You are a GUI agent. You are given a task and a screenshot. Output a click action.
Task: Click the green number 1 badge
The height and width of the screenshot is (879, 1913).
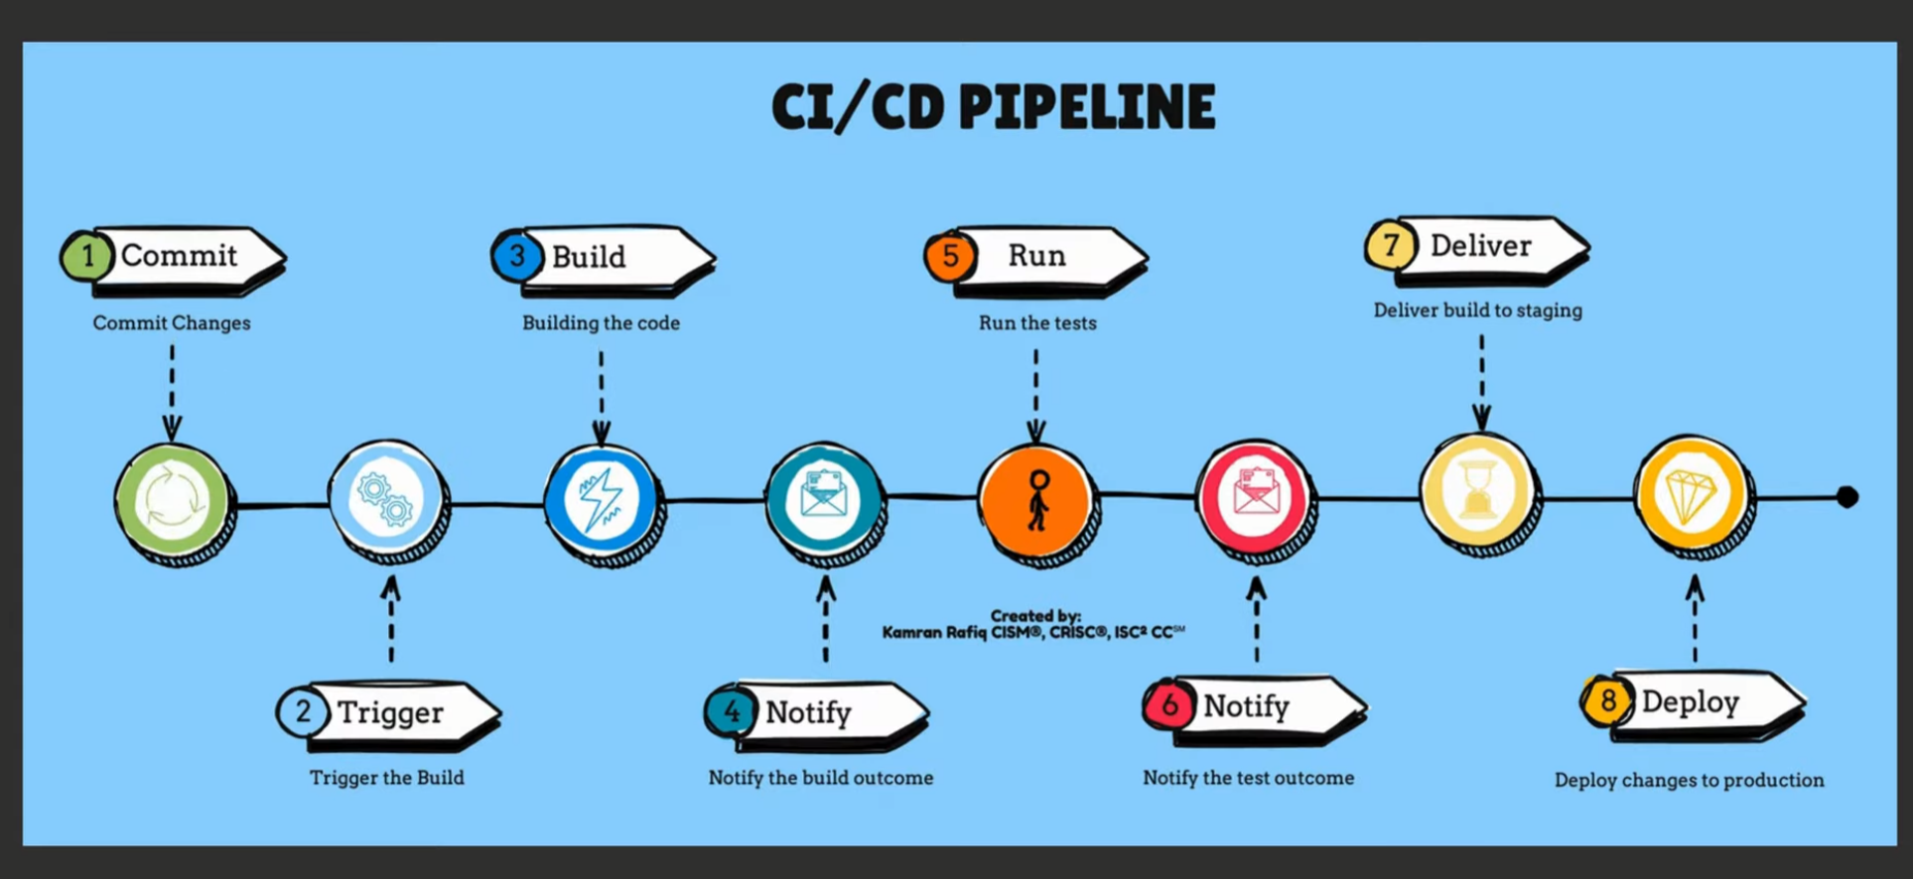[87, 256]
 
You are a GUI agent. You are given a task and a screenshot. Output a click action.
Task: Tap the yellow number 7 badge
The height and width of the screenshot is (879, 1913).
[1391, 245]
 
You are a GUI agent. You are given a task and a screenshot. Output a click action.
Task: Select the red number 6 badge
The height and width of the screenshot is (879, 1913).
[1169, 705]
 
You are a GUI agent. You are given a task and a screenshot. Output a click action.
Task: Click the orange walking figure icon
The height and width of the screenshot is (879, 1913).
[1037, 501]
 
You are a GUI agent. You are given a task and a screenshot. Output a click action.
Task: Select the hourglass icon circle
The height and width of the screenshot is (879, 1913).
[1479, 493]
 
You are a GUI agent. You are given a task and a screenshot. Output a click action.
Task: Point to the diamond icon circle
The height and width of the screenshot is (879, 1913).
[1694, 497]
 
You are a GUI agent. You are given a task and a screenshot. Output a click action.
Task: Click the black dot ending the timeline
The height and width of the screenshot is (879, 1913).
[1846, 497]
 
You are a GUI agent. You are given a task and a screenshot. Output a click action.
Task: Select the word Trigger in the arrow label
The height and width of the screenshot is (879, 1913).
[390, 712]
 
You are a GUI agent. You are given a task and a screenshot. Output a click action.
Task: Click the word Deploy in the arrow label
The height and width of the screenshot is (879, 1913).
[1690, 702]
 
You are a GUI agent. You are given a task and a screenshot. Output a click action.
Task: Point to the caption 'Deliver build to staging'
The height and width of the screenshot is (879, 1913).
[1477, 311]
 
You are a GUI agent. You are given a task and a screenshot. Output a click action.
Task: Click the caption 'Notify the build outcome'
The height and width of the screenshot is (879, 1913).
[821, 778]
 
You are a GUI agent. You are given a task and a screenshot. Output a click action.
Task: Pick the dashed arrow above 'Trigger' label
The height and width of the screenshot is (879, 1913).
[391, 619]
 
